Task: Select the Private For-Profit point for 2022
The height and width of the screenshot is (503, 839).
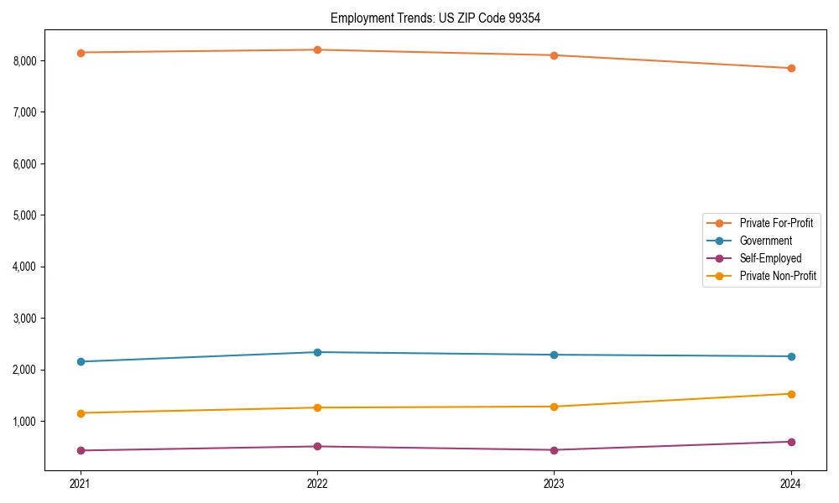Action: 317,50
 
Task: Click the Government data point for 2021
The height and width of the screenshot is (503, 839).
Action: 81,362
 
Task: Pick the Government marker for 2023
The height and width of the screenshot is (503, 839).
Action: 554,355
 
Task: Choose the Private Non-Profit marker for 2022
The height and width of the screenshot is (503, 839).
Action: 317,408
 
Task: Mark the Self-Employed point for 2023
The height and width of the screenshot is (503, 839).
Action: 554,450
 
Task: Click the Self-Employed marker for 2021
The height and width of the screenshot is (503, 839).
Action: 81,451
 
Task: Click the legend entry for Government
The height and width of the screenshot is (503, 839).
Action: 765,241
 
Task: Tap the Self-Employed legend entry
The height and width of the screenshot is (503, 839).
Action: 770,258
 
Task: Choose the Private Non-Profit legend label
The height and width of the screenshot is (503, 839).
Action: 778,276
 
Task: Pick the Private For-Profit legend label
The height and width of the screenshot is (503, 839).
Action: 776,223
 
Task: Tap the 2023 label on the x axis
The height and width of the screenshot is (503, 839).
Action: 554,484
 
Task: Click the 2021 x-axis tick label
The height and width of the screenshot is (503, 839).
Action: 81,484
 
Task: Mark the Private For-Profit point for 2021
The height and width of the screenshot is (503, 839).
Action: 81,53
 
